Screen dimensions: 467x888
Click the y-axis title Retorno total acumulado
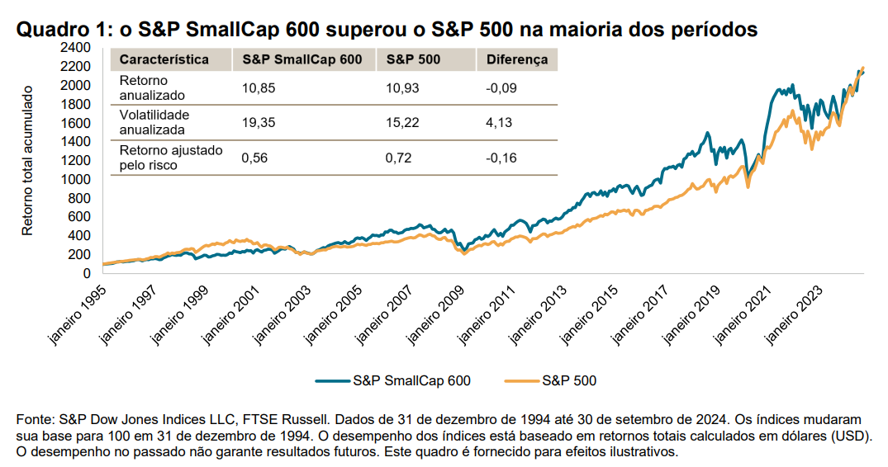[x=26, y=159]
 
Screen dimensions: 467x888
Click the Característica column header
[x=164, y=59]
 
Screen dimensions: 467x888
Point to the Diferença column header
[x=517, y=59]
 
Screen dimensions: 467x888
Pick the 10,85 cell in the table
[x=256, y=87]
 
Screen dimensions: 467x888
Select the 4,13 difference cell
[x=500, y=122]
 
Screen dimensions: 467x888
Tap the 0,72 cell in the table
[x=398, y=158]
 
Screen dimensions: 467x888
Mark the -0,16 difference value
[x=501, y=158]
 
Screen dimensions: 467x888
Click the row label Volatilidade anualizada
[x=154, y=122]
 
